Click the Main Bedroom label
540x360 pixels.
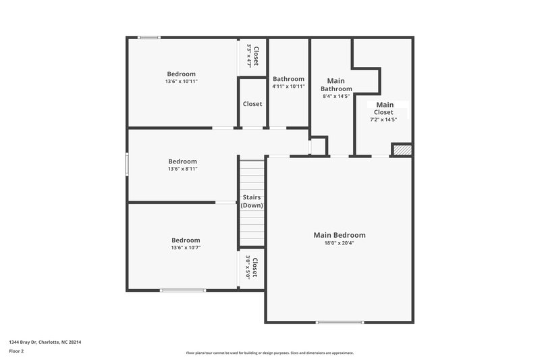[x=340, y=235]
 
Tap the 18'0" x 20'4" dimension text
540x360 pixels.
[x=340, y=243]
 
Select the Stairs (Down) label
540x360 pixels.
[x=252, y=201]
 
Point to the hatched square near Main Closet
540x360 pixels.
[x=402, y=150]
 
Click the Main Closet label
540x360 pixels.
[x=385, y=108]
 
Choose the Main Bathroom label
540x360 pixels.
[x=336, y=84]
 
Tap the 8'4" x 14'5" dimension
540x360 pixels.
[x=336, y=97]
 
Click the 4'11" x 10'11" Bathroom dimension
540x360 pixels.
[x=288, y=86]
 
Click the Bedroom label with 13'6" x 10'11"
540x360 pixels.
[x=181, y=74]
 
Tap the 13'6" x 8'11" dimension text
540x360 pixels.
[x=182, y=170]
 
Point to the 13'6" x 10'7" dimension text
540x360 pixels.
[x=185, y=248]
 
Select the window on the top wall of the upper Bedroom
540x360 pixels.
[x=148, y=38]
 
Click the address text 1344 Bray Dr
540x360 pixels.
[x=26, y=342]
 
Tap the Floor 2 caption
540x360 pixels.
[x=17, y=352]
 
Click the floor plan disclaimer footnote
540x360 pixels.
[x=269, y=353]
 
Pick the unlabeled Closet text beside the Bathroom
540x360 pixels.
[x=252, y=104]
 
